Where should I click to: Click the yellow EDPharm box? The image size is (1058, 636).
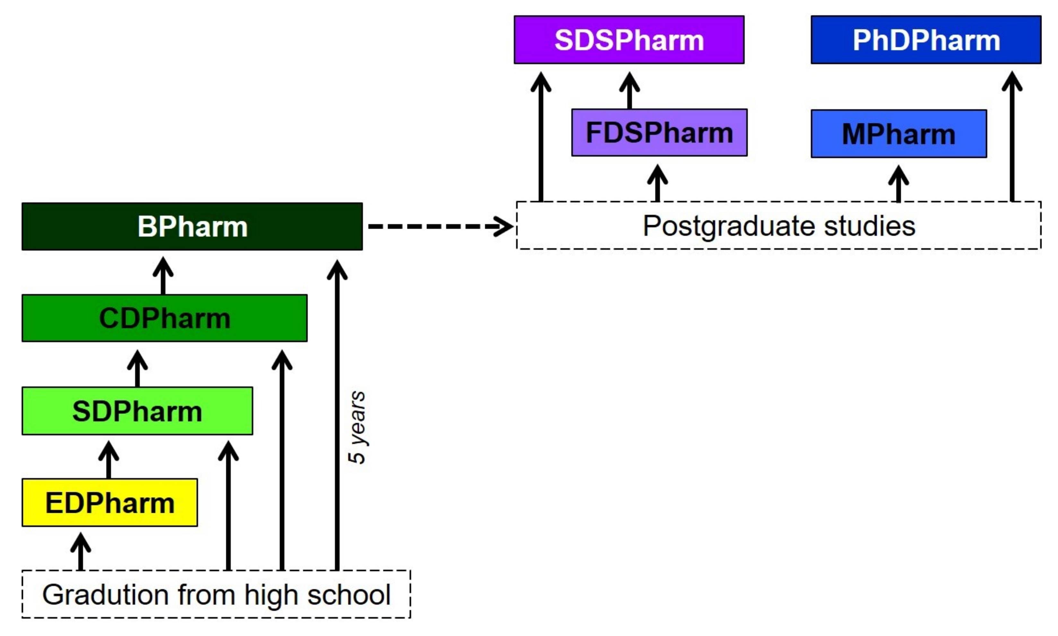[x=109, y=502]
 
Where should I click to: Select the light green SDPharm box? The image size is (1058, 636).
[x=137, y=411]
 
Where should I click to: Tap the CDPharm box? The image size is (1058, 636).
[x=164, y=318]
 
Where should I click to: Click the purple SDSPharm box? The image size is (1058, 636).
[x=629, y=40]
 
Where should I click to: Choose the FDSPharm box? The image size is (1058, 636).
[x=659, y=132]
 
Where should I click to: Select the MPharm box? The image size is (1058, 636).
[x=898, y=134]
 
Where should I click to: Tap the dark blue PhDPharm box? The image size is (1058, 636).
[x=926, y=40]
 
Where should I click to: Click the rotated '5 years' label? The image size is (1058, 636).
[x=357, y=427]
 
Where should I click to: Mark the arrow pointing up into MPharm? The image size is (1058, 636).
[x=898, y=184]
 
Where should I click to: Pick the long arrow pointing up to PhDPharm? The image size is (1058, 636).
[x=1012, y=137]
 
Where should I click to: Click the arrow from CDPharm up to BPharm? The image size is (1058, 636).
[x=163, y=276]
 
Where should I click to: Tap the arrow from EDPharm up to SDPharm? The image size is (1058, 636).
[x=108, y=460]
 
